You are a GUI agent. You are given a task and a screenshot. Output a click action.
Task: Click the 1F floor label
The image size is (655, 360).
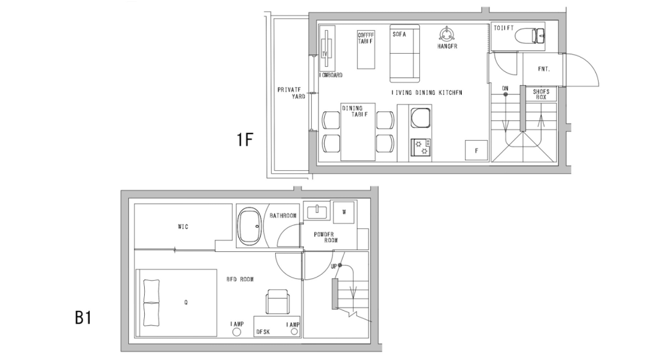coord(244,140)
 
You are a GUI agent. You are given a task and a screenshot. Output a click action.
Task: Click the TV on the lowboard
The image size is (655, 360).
coord(326,52)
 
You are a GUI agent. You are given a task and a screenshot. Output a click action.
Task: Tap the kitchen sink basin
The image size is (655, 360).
coord(419,118)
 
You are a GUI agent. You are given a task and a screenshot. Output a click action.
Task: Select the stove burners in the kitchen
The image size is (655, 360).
coord(419,147)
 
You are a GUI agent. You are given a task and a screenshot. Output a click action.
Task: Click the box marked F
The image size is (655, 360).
coord(476,150)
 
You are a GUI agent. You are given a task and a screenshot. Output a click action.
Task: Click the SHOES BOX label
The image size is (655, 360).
coord(541,94)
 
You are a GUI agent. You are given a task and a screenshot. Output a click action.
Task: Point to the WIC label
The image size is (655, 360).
coord(183,227)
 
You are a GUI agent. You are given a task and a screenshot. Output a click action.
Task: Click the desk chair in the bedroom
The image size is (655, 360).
coord(277,303)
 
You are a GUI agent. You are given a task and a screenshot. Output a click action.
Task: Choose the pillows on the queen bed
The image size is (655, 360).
coord(151,303)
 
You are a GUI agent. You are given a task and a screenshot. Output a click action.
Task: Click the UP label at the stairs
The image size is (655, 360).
coord(333,266)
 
